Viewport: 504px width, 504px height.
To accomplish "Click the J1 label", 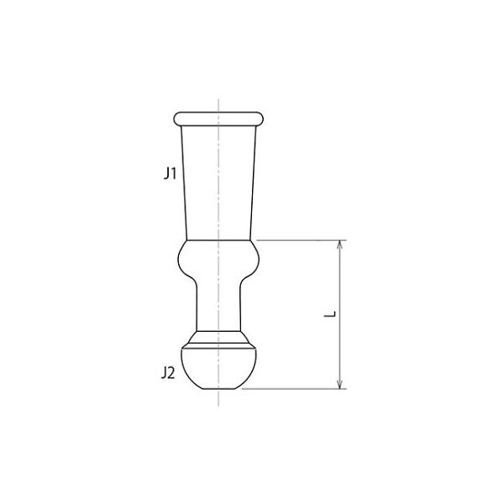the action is pos(170,174).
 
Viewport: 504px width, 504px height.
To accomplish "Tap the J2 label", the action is pos(168,373).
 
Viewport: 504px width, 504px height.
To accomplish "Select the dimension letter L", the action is pos(330,313).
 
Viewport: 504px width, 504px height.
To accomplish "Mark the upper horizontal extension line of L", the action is pos(302,240).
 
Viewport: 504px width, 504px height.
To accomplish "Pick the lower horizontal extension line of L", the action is pos(294,389).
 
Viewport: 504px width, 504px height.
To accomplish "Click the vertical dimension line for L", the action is pos(340,314).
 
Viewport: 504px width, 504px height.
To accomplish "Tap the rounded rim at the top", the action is pos(218,118).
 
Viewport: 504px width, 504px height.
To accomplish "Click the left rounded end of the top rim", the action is pos(175,118).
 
